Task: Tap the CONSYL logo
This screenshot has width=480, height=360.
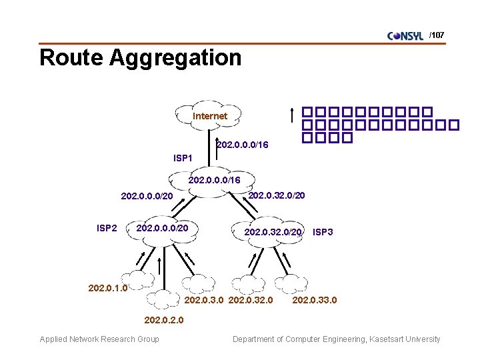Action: pos(405,36)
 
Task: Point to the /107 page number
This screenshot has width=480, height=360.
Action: pos(437,35)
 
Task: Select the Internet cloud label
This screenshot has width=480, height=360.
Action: pos(210,116)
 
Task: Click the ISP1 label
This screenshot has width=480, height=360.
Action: pos(183,159)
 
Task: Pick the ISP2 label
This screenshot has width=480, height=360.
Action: pos(107,229)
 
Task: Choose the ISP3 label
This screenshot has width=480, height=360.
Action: pos(323,232)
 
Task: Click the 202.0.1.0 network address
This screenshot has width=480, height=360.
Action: pos(107,289)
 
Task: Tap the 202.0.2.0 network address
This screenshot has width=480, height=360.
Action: pos(164,320)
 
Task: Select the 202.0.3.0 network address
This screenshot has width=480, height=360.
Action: pos(204,301)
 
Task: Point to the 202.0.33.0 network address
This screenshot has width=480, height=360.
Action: pos(315,301)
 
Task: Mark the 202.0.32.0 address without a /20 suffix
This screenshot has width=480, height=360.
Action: pos(251,301)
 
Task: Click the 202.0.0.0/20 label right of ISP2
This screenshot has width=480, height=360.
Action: pos(163,229)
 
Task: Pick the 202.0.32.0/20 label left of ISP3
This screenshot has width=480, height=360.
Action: pos(274,232)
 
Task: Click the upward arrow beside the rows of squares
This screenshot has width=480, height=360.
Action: pos(292,115)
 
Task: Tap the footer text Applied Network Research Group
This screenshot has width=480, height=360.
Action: pos(99,339)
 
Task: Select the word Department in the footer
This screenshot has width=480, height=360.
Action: pos(255,339)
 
